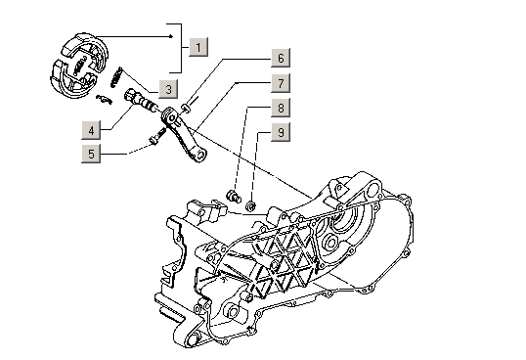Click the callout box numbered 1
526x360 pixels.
pyautogui.click(x=198, y=47)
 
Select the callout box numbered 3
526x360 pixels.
pyautogui.click(x=168, y=89)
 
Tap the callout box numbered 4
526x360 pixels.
pyautogui.click(x=91, y=130)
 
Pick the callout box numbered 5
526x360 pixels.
pyautogui.click(x=91, y=154)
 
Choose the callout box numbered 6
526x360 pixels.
pyautogui.click(x=281, y=58)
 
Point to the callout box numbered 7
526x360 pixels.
pyautogui.click(x=281, y=83)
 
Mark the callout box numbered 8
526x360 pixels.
pyautogui.click(x=281, y=108)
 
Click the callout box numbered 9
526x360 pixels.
pyautogui.click(x=281, y=132)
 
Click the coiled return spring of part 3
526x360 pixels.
pyautogui.click(x=116, y=77)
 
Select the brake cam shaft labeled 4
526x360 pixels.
pyautogui.click(x=141, y=100)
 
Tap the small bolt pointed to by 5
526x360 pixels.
pyautogui.click(x=157, y=136)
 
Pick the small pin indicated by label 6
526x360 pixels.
pyautogui.click(x=186, y=108)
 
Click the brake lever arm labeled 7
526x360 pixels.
pyautogui.click(x=183, y=134)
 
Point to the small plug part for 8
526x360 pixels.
pyautogui.click(x=234, y=196)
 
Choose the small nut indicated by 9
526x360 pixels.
pyautogui.click(x=251, y=205)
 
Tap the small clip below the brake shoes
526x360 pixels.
pyautogui.click(x=104, y=100)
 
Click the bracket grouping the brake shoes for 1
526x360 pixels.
pyautogui.click(x=181, y=48)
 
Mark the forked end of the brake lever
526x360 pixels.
pyautogui.click(x=199, y=156)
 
